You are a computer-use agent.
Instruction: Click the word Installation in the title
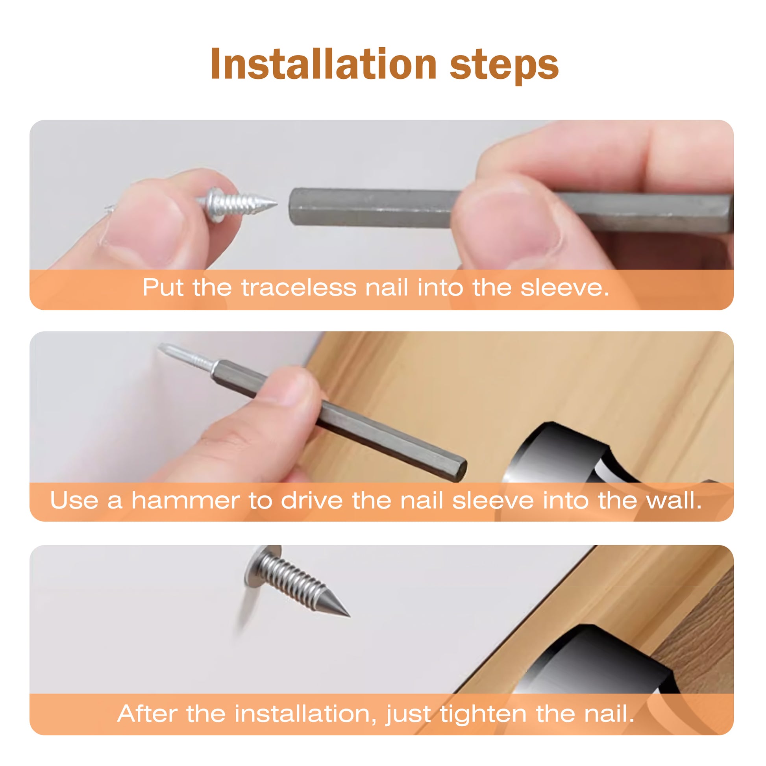(x=324, y=64)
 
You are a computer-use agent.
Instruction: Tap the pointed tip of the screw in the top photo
(x=276, y=204)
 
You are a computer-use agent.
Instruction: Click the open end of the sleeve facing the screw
(x=294, y=207)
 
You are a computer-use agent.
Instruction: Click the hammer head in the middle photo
(x=563, y=456)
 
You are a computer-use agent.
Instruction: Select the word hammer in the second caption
(x=185, y=500)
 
